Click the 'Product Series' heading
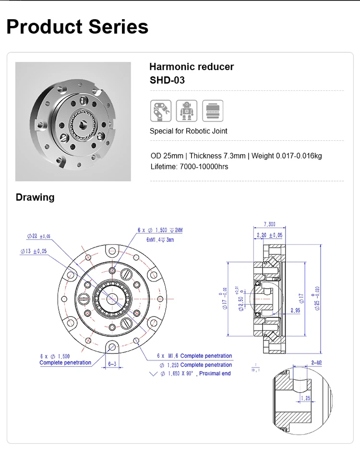(77, 26)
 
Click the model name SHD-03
(167, 80)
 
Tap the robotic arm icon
(160, 110)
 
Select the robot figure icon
(186, 110)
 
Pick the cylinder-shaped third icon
(212, 110)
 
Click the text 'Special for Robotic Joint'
(188, 131)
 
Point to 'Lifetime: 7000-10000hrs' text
(189, 167)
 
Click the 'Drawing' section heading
(35, 197)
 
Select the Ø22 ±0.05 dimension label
(39, 236)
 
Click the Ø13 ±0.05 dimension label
(34, 251)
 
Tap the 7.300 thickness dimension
(270, 224)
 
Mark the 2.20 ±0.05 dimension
(270, 235)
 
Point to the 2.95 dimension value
(295, 311)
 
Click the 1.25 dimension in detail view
(305, 398)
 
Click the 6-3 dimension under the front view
(111, 364)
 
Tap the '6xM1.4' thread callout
(160, 239)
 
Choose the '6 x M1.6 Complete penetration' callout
(194, 356)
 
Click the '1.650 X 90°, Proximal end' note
(194, 373)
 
